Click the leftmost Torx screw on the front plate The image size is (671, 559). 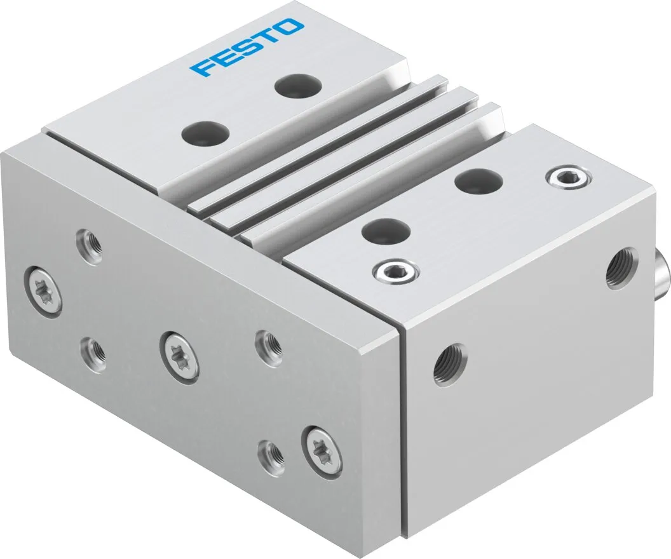click(x=45, y=289)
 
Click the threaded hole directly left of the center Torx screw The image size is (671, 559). click(x=93, y=347)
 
